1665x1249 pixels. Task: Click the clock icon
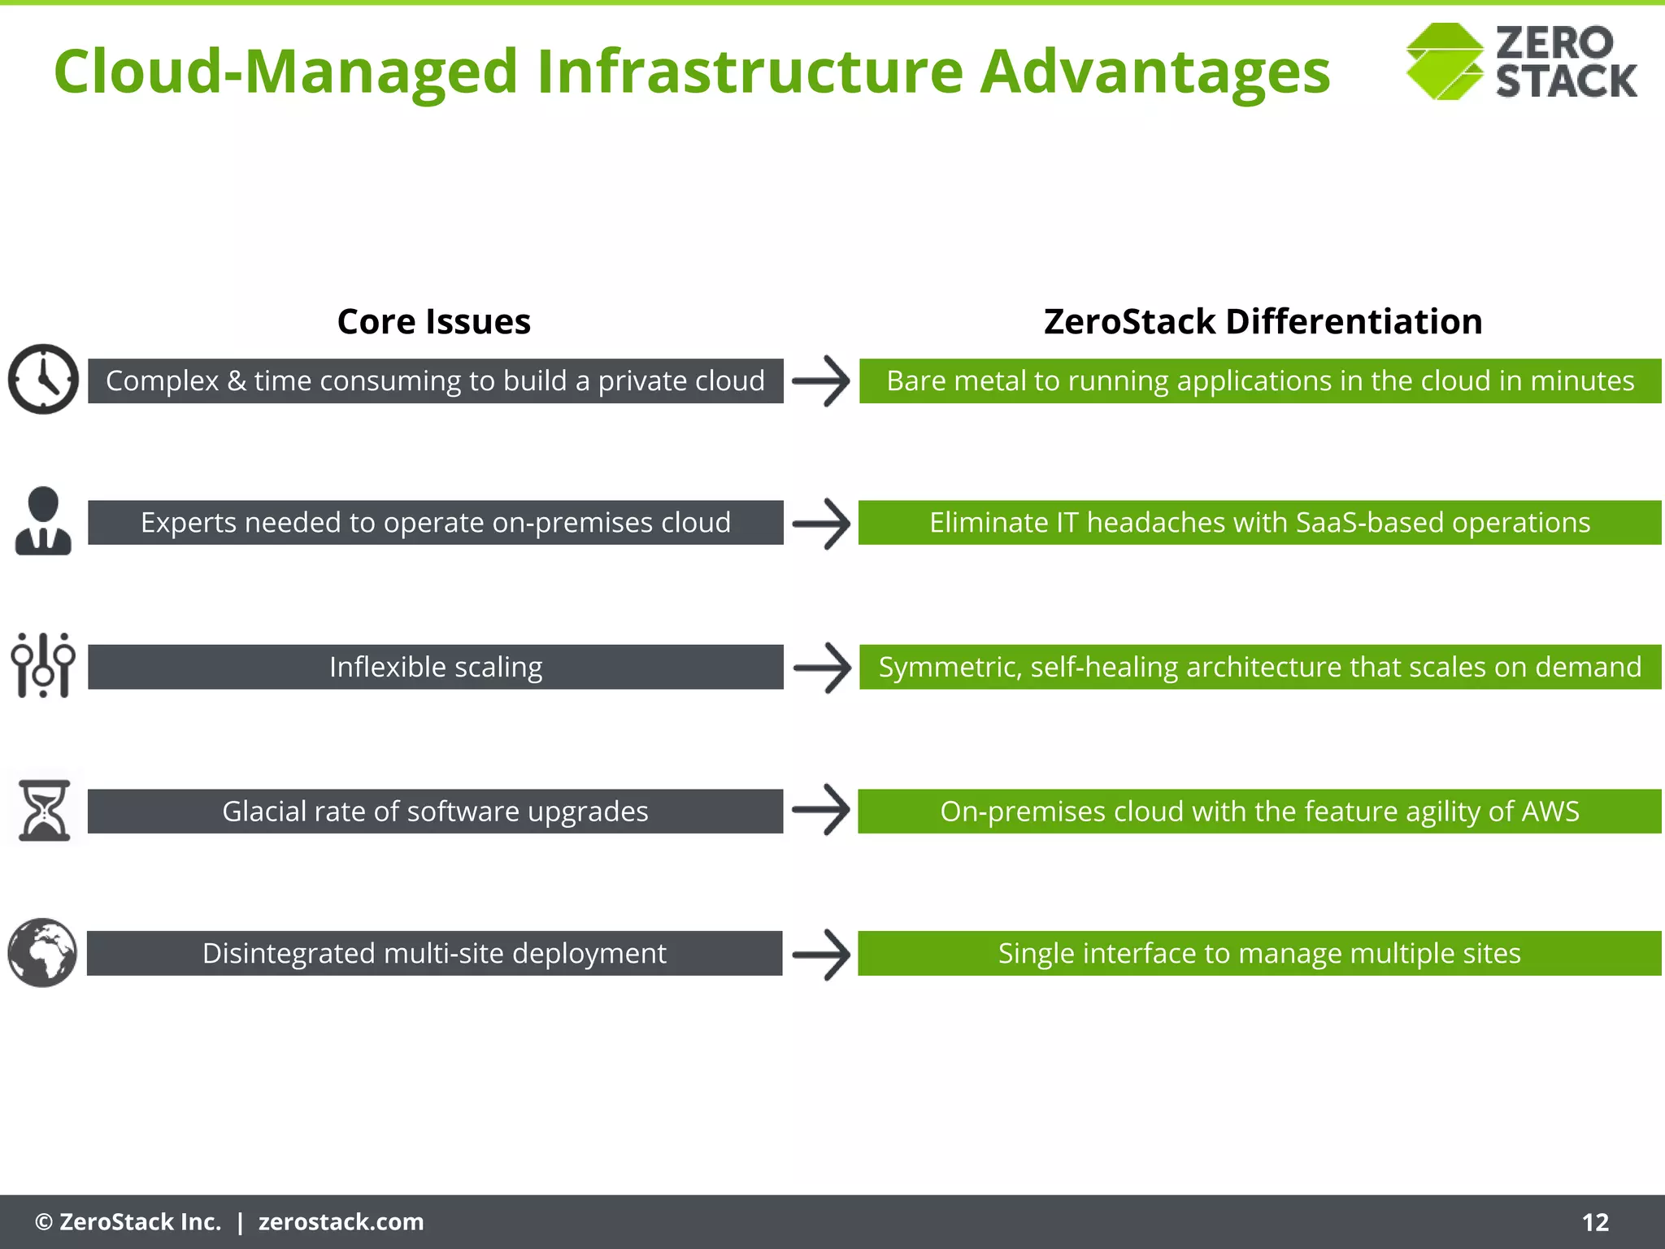pyautogui.click(x=43, y=379)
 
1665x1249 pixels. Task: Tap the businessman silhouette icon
pyautogui.click(x=43, y=521)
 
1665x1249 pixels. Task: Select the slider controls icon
pyautogui.click(x=43, y=665)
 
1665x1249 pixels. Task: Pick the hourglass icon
pyautogui.click(x=44, y=811)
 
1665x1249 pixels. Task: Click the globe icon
pyautogui.click(x=42, y=953)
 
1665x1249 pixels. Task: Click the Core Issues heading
pyautogui.click(x=433, y=322)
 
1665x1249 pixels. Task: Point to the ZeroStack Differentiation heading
pyautogui.click(x=1263, y=322)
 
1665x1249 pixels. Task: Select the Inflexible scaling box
pyautogui.click(x=435, y=667)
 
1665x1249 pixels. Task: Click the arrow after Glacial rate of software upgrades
pyautogui.click(x=821, y=810)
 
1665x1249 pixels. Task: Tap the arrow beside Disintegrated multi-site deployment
pyautogui.click(x=821, y=954)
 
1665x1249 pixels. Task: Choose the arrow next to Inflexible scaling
pyautogui.click(x=822, y=668)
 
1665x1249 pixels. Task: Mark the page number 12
pyautogui.click(x=1595, y=1222)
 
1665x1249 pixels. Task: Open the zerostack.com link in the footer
pyautogui.click(x=341, y=1222)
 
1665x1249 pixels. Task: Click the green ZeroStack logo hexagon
pyautogui.click(x=1444, y=62)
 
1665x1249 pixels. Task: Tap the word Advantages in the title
pyautogui.click(x=1154, y=72)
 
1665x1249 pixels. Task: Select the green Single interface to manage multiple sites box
pyautogui.click(x=1259, y=953)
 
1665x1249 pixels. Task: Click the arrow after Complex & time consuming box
pyautogui.click(x=821, y=381)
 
